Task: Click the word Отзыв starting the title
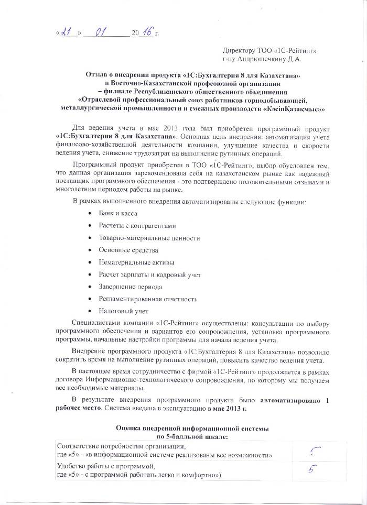(98, 76)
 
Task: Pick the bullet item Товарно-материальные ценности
(149, 238)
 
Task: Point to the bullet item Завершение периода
(131, 287)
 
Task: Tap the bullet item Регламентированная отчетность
(148, 299)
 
